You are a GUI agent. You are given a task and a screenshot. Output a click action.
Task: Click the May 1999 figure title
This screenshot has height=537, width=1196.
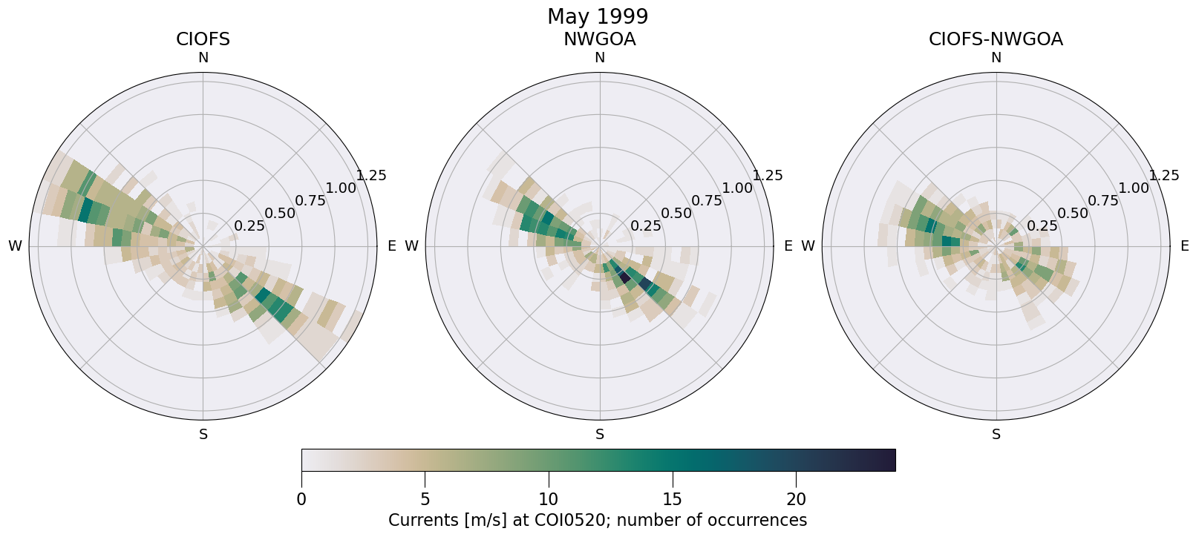[598, 16]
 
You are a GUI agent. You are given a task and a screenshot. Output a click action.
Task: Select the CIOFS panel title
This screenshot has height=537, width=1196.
[203, 39]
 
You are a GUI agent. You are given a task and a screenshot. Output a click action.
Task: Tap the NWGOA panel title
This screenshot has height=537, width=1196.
[599, 39]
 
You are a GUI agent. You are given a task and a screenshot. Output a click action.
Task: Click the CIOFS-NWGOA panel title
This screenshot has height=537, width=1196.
[996, 39]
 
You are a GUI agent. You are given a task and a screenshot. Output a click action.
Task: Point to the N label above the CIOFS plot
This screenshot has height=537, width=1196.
[203, 58]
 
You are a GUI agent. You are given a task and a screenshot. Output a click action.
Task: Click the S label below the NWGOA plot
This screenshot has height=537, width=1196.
[600, 435]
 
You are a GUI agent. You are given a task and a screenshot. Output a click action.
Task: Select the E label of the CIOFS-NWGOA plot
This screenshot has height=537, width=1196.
[1184, 246]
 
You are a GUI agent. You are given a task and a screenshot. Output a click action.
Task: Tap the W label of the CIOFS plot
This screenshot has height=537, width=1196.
[15, 246]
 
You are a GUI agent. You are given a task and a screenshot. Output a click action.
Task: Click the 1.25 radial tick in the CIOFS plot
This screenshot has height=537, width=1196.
[371, 176]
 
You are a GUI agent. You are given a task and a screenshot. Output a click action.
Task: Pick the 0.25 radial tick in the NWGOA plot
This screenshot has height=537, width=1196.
[646, 226]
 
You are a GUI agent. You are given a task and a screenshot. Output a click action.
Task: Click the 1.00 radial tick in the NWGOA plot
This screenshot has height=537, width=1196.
[737, 188]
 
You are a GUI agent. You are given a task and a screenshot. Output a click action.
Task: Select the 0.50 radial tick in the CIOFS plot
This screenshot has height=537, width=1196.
[280, 214]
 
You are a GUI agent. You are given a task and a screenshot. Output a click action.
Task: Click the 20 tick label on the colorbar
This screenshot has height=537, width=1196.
[796, 499]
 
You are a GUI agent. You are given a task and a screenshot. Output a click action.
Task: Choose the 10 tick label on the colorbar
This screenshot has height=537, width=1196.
[549, 499]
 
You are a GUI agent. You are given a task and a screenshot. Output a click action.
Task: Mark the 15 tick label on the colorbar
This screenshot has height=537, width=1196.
[673, 499]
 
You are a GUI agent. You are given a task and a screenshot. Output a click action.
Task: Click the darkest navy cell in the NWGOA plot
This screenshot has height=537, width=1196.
[624, 277]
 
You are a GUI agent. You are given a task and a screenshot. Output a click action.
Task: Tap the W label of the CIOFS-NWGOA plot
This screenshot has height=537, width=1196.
[808, 246]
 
